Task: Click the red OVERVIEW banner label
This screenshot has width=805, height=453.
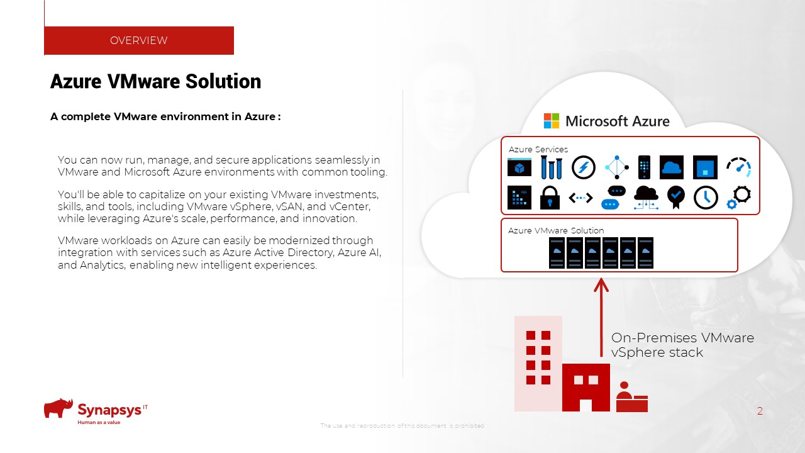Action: click(x=138, y=40)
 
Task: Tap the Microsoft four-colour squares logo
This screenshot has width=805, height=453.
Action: click(x=552, y=121)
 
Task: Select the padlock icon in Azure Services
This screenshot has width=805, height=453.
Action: click(x=550, y=197)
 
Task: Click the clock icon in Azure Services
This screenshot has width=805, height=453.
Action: click(x=706, y=198)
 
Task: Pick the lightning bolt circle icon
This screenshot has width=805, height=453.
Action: click(x=583, y=167)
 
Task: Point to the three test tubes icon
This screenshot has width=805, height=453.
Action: click(x=552, y=167)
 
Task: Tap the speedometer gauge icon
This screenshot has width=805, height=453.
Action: click(x=738, y=167)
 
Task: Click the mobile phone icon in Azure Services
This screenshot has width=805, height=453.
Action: click(x=644, y=167)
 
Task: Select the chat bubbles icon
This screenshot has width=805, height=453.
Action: click(x=613, y=198)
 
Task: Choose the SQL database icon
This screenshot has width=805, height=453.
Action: click(x=519, y=198)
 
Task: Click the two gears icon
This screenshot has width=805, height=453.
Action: click(x=739, y=197)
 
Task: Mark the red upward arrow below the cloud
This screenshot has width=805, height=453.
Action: click(x=602, y=315)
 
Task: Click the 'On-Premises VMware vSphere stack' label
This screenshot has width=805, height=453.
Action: click(x=682, y=345)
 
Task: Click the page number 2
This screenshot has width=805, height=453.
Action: click(x=760, y=411)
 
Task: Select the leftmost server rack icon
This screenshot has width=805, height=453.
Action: click(x=557, y=252)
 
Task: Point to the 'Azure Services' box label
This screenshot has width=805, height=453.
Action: click(x=538, y=149)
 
